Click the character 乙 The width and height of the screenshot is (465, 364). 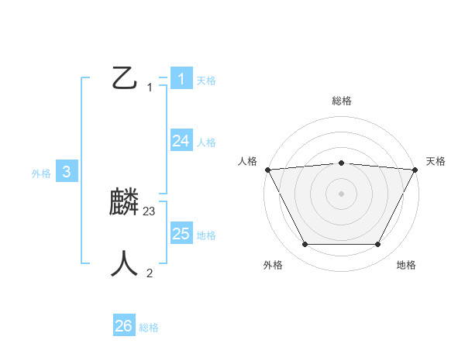pos(125,77)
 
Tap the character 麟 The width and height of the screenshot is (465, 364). pos(125,203)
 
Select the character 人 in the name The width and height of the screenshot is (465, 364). pos(125,263)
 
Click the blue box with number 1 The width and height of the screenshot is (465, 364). pos(181,79)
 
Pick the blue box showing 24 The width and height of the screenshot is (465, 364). pos(181,141)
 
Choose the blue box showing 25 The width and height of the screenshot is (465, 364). pos(181,234)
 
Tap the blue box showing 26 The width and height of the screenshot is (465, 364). pos(124,326)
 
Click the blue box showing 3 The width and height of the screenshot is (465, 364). pos(67,172)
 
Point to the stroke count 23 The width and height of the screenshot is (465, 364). pos(150,211)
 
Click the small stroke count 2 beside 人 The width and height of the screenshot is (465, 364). pos(150,273)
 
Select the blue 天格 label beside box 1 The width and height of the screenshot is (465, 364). pos(206,80)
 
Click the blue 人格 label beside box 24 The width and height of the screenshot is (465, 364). pos(206,143)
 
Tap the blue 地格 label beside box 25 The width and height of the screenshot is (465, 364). pos(206,235)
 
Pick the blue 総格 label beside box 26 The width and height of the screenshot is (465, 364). pos(149,328)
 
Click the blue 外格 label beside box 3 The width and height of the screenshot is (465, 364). pos(41,173)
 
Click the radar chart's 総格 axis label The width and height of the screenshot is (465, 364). pos(341,101)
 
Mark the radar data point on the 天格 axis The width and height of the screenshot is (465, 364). pos(415,170)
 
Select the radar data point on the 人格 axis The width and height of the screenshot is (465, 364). pos(267,170)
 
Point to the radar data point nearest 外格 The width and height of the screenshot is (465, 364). pos(305,245)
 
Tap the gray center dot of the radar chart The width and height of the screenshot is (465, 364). pos(341,193)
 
